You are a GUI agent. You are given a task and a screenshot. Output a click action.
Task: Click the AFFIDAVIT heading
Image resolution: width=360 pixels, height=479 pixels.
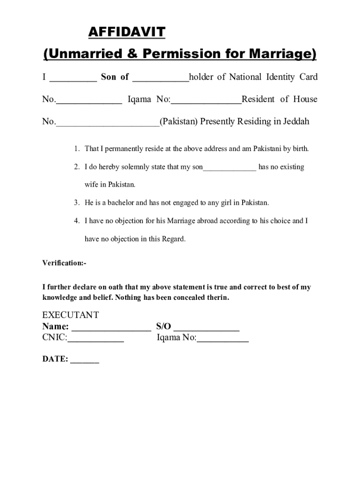(127, 32)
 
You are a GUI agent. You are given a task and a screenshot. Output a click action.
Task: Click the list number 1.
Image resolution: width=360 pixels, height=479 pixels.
(76, 149)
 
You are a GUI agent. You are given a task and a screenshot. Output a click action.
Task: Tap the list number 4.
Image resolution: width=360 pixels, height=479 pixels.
(76, 221)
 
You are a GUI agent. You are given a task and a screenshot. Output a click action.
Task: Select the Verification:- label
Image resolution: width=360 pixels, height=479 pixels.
(65, 263)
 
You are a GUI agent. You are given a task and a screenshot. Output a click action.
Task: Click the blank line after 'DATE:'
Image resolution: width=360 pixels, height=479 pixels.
(85, 361)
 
